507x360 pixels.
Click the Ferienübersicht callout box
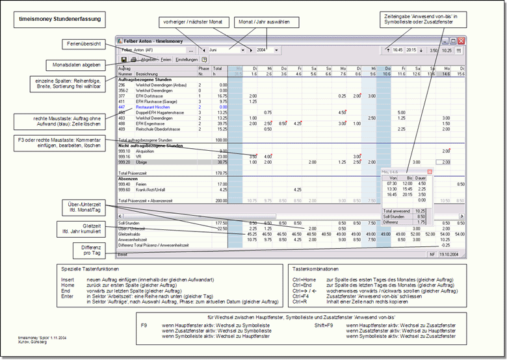tap(79, 44)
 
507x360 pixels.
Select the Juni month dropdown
tap(225, 49)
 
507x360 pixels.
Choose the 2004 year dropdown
tap(266, 49)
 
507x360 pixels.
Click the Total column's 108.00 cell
tap(220, 140)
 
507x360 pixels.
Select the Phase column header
tap(203, 68)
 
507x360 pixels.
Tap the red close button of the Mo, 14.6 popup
tap(429, 172)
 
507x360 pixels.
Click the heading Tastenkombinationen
tap(316, 268)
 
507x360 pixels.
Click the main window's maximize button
tap(453, 40)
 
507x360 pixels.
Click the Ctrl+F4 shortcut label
tap(300, 296)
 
